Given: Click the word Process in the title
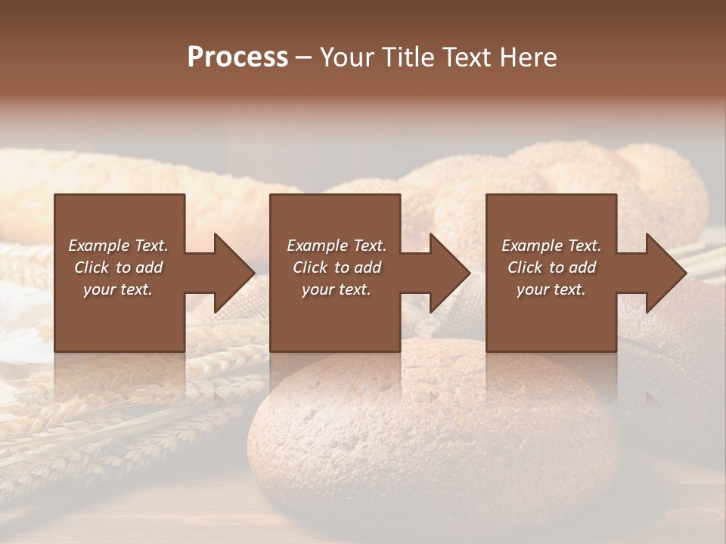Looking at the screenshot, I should click(237, 57).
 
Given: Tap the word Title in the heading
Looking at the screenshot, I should click(408, 57).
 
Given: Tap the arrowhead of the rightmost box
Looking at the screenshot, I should click(665, 273).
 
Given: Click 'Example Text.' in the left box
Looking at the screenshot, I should click(119, 246).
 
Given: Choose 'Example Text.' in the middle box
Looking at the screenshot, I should click(337, 246).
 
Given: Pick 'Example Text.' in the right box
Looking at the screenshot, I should click(551, 246).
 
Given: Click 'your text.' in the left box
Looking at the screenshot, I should click(118, 289).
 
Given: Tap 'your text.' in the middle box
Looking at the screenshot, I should click(337, 289).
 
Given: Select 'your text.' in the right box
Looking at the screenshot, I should click(551, 289).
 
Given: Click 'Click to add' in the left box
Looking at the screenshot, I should click(119, 267).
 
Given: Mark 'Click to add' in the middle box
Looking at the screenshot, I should click(337, 267).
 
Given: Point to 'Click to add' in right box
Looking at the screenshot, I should click(551, 267).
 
